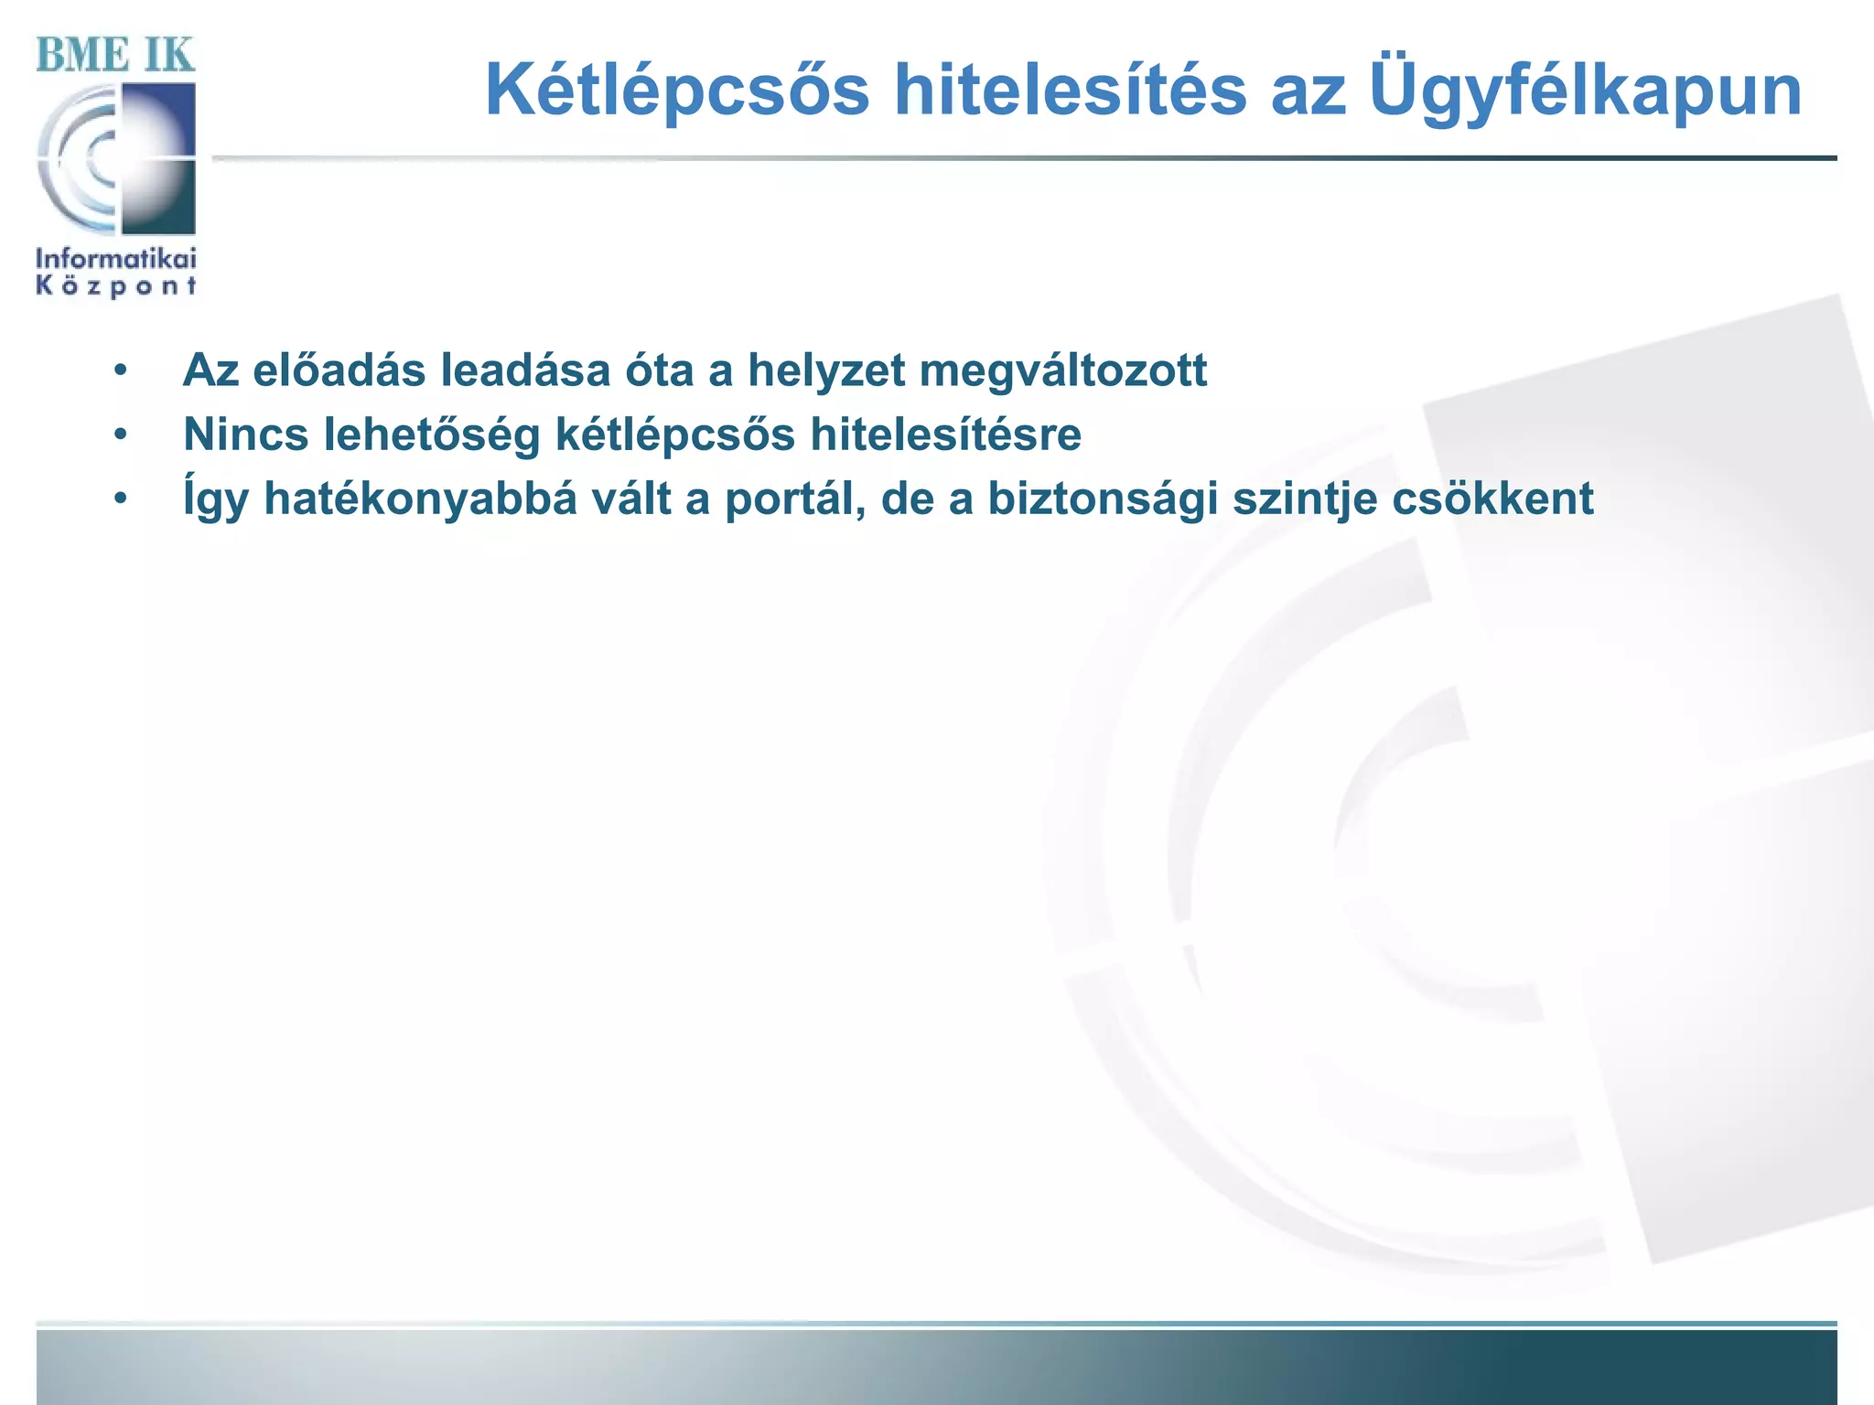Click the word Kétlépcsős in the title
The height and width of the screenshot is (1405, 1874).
point(677,91)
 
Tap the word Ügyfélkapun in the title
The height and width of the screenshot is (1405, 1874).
point(1585,91)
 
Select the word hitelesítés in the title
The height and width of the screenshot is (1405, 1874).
point(1070,91)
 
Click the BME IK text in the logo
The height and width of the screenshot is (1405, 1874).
point(115,56)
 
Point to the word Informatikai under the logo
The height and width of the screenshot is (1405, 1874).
point(116,258)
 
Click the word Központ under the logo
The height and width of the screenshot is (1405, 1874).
point(116,286)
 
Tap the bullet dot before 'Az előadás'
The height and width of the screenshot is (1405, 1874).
point(120,371)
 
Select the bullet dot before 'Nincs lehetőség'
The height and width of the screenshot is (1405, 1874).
point(120,435)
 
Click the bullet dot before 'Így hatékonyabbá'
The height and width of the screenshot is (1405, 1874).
point(120,499)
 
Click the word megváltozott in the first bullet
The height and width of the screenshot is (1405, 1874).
point(1063,371)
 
